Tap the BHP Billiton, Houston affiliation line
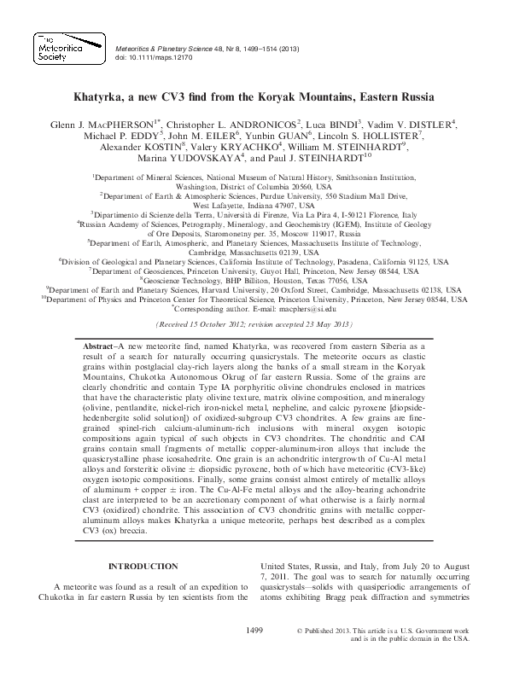click(x=254, y=280)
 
